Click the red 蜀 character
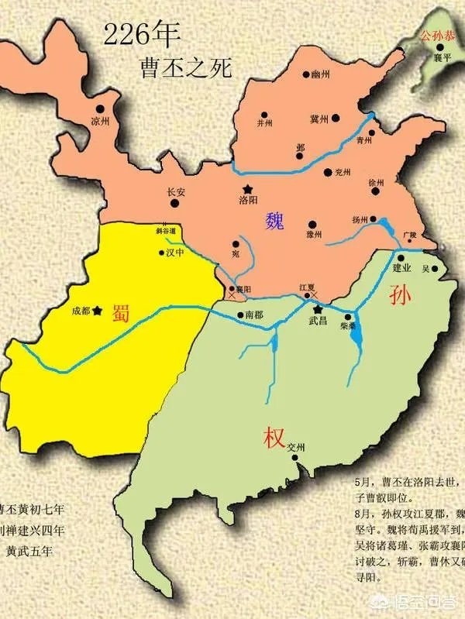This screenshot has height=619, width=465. [x=121, y=311]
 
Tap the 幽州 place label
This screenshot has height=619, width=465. [x=320, y=74]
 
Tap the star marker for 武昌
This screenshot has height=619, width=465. [x=318, y=308]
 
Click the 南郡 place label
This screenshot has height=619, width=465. [x=254, y=315]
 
